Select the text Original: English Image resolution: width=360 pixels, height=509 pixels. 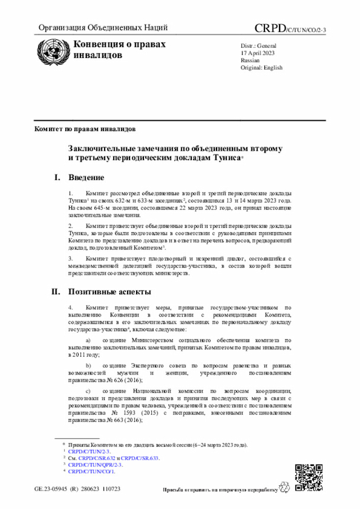point(262,67)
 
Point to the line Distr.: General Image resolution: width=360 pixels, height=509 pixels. point(258,45)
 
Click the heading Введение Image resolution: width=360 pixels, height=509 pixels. point(86,178)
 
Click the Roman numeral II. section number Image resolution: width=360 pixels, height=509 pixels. point(56,292)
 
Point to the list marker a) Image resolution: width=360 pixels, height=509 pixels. point(88,341)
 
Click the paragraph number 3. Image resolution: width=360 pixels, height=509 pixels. point(70,258)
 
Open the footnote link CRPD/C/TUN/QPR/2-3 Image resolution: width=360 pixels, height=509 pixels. point(95,465)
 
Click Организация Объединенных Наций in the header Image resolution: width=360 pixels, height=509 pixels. point(103,28)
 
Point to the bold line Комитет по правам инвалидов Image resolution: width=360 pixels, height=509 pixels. point(85,129)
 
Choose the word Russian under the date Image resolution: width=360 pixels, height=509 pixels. point(250,60)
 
